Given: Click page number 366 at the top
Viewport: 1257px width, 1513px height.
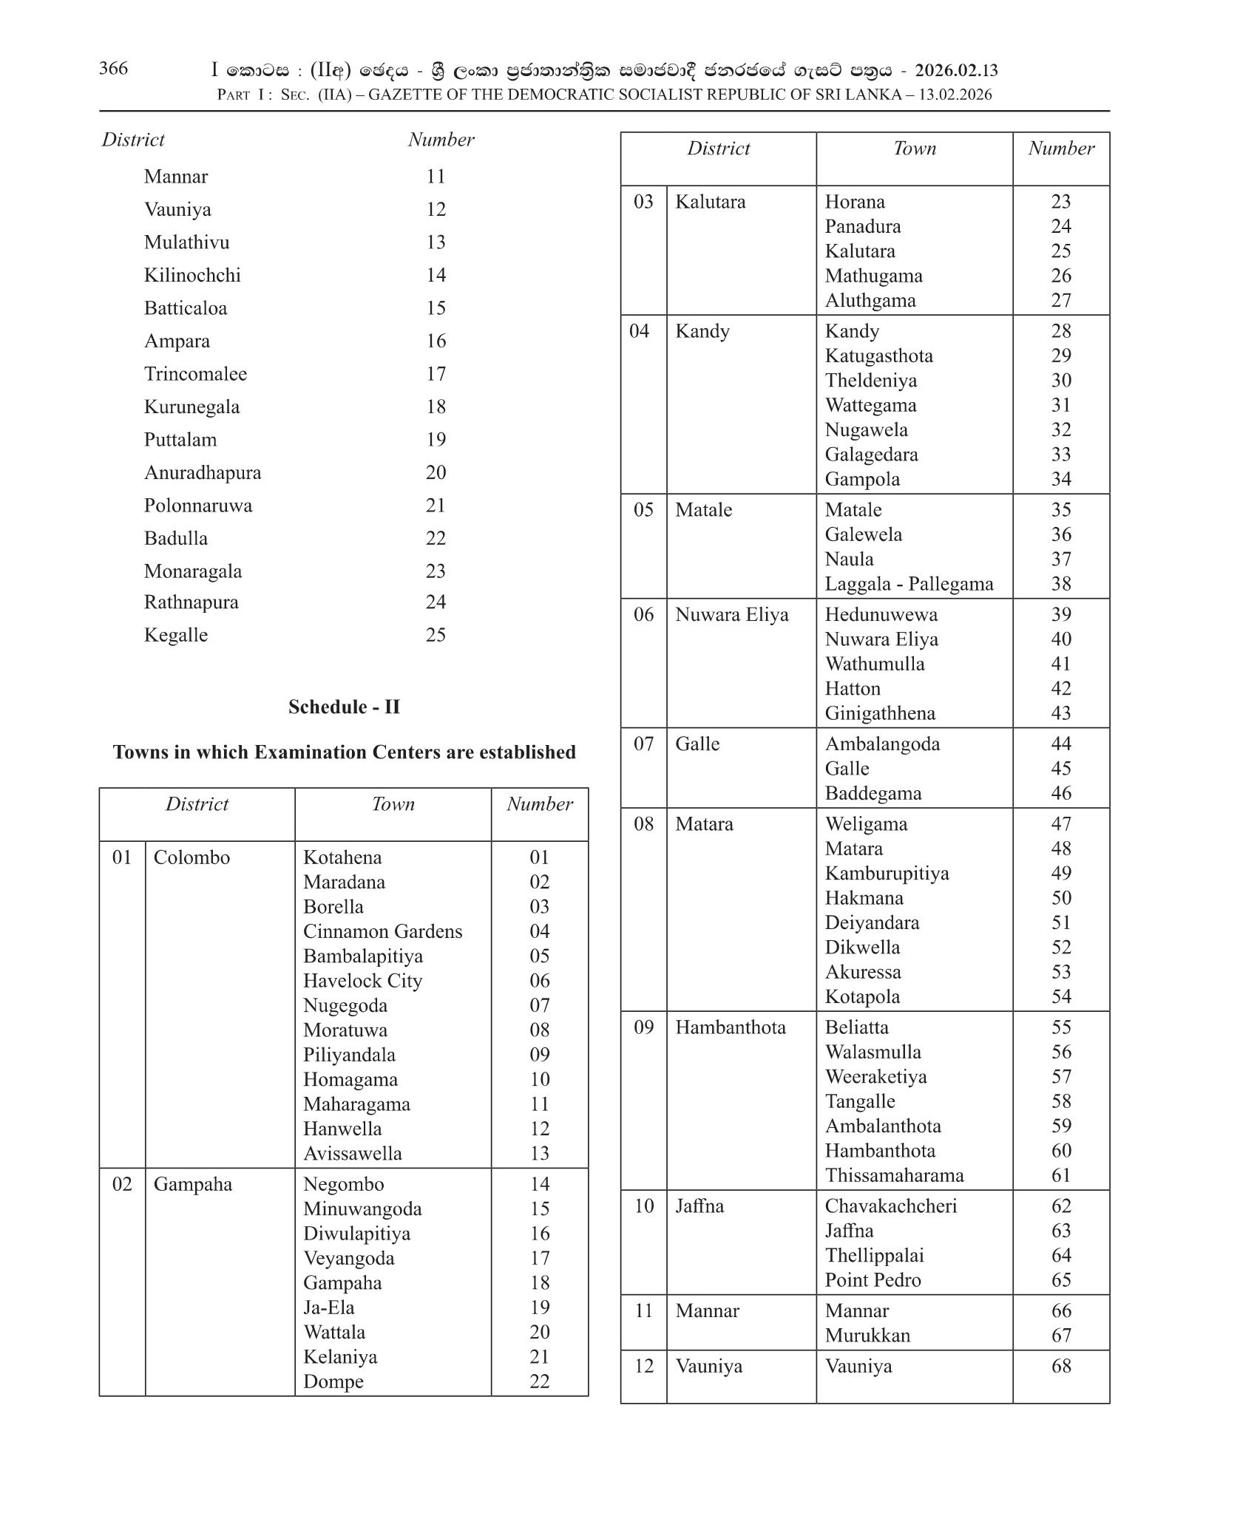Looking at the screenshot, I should point(113,68).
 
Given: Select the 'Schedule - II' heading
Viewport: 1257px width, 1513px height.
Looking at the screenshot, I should point(344,707).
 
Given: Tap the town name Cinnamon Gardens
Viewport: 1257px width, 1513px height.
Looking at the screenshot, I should point(382,931).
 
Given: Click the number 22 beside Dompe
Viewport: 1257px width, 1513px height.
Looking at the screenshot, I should point(540,1381).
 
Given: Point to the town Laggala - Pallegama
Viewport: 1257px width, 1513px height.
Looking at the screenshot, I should point(909,584).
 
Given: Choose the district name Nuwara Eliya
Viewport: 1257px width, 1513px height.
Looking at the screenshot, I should point(731,614).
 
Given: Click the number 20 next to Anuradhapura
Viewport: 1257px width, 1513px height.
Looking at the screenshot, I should point(436,472).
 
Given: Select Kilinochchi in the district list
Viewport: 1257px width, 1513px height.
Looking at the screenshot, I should point(192,275).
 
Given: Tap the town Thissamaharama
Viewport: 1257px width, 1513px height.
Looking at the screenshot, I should point(894,1175).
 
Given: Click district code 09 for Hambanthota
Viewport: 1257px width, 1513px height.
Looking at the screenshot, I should point(643,1027).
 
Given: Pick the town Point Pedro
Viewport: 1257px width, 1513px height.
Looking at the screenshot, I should point(873,1280).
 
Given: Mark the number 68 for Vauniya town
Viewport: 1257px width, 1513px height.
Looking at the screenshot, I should point(1061,1366).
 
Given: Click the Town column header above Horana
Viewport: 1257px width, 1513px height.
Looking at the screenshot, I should point(915,149).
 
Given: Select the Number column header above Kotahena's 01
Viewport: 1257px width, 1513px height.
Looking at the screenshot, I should point(540,804).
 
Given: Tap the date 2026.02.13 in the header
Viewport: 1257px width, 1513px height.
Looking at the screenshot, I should point(956,70).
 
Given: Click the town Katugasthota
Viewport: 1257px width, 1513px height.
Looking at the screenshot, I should point(878,356).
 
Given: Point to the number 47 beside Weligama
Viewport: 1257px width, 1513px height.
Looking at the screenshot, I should point(1061,823).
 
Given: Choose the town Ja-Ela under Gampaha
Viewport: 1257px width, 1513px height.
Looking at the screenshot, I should point(328,1308).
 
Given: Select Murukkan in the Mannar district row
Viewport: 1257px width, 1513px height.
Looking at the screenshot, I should point(867,1336).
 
